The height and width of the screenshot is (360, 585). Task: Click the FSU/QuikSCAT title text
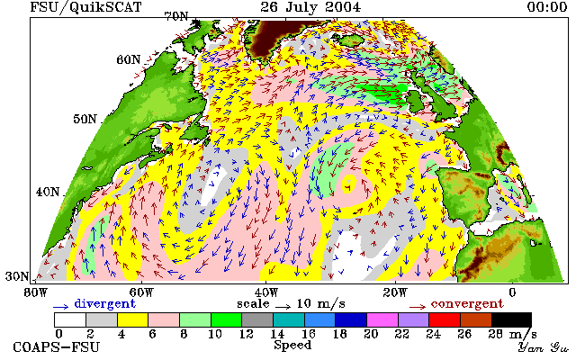coord(85,7)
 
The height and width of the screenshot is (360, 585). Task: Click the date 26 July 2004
coord(310,6)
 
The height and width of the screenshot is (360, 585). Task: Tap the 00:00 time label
coord(547,6)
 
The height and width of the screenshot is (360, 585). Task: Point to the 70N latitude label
coord(176,16)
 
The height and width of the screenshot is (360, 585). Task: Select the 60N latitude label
coord(129,59)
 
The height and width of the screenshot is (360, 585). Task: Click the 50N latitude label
coord(85,120)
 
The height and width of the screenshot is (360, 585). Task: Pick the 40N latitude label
coord(48,192)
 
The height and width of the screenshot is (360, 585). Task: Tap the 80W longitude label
coord(36,292)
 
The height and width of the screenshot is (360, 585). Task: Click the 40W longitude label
coord(266,292)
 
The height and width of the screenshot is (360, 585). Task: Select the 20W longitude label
coord(395,292)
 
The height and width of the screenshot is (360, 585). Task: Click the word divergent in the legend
coord(104,304)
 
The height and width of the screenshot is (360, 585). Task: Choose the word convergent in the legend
coord(467,304)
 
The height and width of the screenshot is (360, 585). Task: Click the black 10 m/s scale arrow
coord(283,307)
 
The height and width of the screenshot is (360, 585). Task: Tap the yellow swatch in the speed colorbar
coord(132,320)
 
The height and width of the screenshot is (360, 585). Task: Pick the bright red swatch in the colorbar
coord(445,320)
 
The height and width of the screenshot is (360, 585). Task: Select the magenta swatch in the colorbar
coord(382,320)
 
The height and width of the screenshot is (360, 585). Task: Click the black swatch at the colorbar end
coord(511,320)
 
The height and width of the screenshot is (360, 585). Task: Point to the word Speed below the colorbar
coord(292,345)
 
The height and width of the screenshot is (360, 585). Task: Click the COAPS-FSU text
coord(57,347)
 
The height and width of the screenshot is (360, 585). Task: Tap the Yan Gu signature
coord(544,347)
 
